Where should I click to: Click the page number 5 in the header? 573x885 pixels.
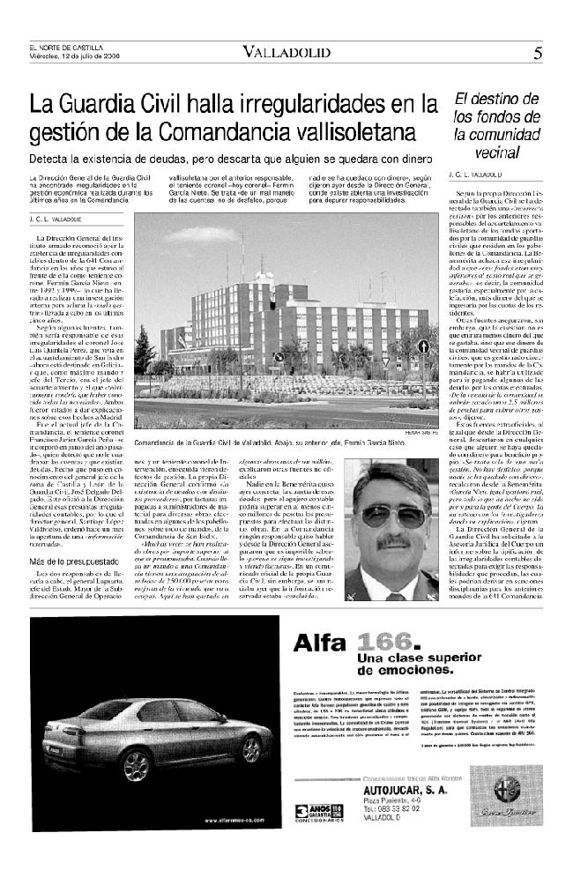[537, 52]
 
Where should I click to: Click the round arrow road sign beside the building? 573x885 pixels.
[423, 346]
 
